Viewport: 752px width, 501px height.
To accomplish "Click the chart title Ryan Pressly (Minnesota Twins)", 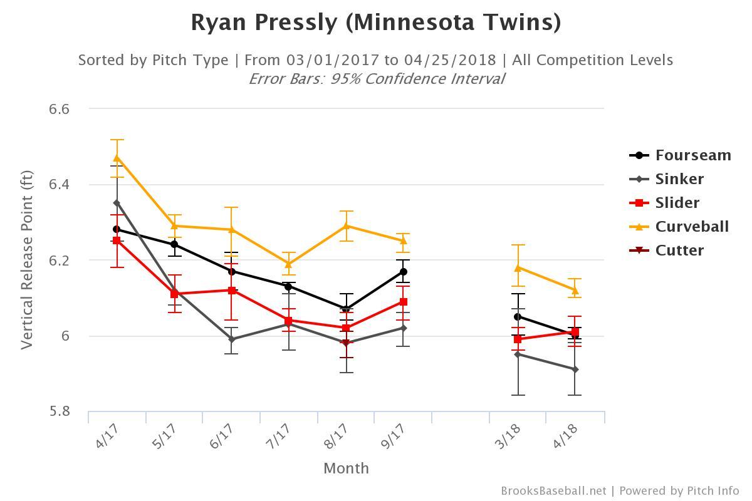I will tap(375, 23).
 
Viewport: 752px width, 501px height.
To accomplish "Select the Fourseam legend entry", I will tap(680, 155).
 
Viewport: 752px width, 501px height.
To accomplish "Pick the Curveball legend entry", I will tap(680, 227).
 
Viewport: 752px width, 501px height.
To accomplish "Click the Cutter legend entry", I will tap(667, 250).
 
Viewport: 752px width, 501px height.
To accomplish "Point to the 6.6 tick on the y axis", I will tap(59, 109).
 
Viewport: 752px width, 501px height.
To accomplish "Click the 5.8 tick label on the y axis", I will tap(59, 411).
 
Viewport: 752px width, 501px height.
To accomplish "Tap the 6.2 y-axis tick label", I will tap(59, 261).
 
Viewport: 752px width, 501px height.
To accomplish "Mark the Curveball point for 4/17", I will tap(117, 157).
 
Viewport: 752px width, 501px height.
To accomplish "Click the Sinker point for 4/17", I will tap(117, 203).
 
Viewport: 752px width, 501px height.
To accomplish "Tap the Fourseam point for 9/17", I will tap(404, 272).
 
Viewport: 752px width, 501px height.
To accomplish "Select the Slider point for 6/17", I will tap(232, 291).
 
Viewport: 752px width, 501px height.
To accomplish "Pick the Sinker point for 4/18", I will tap(575, 369).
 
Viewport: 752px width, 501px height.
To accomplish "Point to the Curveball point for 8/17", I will tap(346, 225).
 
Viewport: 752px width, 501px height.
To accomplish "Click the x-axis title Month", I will tap(346, 468).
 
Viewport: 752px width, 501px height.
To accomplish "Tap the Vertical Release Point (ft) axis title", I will tap(26, 260).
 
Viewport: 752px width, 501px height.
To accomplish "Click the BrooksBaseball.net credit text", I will tap(553, 491).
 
